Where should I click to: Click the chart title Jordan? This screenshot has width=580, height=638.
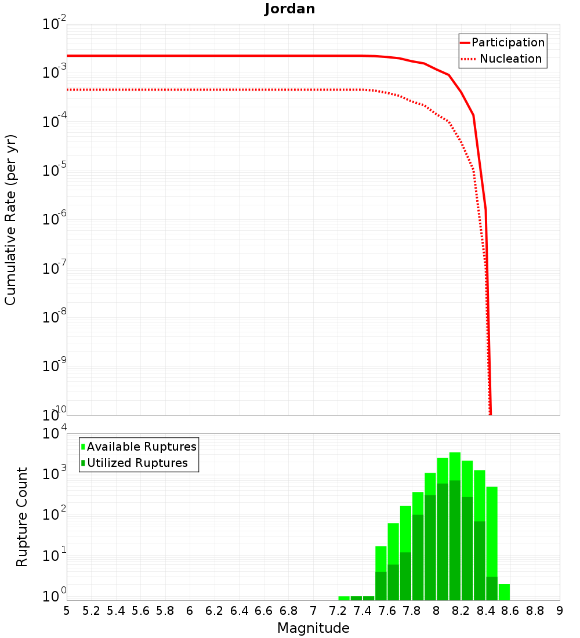coord(290,9)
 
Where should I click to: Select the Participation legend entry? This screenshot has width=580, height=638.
coord(508,42)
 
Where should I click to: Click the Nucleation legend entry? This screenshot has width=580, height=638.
coord(510,59)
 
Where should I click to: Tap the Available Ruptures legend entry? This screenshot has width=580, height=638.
coord(142,447)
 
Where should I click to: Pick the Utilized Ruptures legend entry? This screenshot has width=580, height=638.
coord(137,463)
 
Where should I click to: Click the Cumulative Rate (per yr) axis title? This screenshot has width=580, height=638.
coord(10,220)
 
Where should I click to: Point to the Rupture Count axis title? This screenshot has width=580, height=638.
coord(22,517)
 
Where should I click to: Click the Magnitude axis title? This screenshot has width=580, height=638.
coord(313,628)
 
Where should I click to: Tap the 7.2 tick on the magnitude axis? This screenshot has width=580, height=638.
coord(338,611)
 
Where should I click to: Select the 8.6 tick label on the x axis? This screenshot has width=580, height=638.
coord(510,611)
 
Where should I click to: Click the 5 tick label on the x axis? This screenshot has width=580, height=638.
coord(67,611)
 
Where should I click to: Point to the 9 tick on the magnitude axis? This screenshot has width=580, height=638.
coord(560,611)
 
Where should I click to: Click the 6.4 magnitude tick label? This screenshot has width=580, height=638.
coord(239,611)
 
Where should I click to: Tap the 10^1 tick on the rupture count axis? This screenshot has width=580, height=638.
coord(55,555)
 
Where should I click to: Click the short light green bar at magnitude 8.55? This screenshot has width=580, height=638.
coord(504,592)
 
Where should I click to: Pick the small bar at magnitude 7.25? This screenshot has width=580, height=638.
coord(344,598)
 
